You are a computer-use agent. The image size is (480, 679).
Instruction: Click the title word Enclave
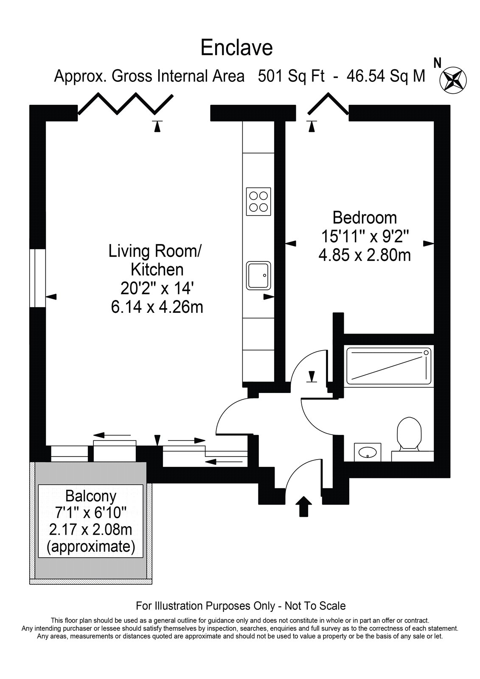click(x=236, y=48)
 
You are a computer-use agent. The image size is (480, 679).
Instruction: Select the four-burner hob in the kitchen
click(x=258, y=202)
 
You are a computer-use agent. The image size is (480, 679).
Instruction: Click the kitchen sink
click(x=258, y=275)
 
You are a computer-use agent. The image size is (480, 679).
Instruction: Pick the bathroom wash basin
click(x=368, y=452)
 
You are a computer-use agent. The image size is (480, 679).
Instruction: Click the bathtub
click(x=388, y=366)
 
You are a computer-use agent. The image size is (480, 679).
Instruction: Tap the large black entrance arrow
click(x=303, y=506)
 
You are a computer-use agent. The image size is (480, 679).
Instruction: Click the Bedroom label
click(x=365, y=218)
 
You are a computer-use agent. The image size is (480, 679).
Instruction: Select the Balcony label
click(x=91, y=496)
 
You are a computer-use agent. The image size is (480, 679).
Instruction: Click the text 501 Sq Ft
click(x=291, y=76)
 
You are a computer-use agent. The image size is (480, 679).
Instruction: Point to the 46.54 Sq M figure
click(x=386, y=76)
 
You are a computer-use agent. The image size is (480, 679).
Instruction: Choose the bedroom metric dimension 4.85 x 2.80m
click(x=365, y=255)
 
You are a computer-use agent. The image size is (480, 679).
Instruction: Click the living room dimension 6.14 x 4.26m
click(x=157, y=307)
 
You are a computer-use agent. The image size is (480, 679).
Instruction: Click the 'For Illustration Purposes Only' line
click(x=241, y=606)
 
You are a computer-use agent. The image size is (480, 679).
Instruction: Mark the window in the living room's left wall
click(x=37, y=278)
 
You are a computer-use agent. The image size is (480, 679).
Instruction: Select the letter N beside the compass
click(x=437, y=63)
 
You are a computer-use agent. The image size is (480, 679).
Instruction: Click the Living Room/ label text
click(x=154, y=251)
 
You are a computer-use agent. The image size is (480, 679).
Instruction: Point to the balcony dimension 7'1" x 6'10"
click(x=91, y=513)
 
